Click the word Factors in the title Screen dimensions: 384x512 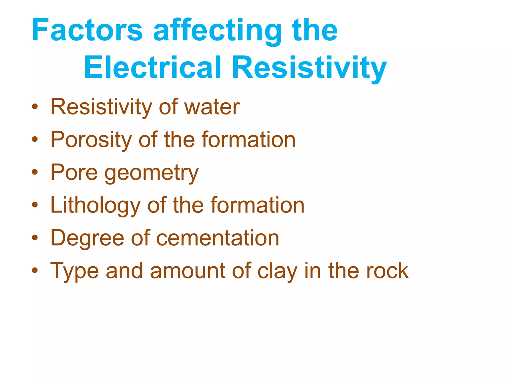pyautogui.click(x=87, y=30)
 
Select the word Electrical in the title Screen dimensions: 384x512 pyautogui.click(x=152, y=67)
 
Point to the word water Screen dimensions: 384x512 pyautogui.click(x=212, y=107)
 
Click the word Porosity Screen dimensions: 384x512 pyautogui.click(x=91, y=140)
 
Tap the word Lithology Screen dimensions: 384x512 pyautogui.click(x=95, y=206)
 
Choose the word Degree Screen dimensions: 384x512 pyautogui.click(x=87, y=238)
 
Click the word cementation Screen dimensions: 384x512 pyautogui.click(x=217, y=238)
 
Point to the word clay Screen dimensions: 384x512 pyautogui.click(x=277, y=271)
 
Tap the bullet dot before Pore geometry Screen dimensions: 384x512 pyautogui.click(x=35, y=172)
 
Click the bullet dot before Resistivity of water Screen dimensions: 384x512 pyautogui.click(x=35, y=107)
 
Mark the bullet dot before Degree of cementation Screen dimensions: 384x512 pyautogui.click(x=35, y=238)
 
